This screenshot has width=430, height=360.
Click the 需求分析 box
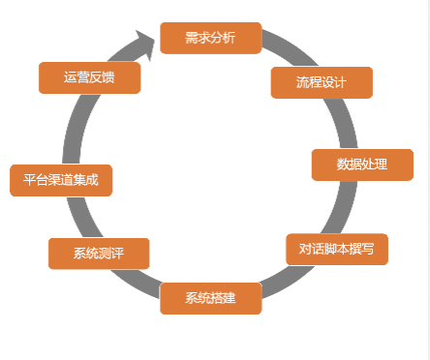click(x=210, y=38)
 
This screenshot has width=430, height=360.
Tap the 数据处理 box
click(x=361, y=165)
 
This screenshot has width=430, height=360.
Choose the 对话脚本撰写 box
click(x=336, y=249)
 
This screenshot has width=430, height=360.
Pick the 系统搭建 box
click(x=210, y=297)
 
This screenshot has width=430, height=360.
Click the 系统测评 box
click(x=98, y=254)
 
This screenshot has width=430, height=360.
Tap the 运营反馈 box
click(x=89, y=77)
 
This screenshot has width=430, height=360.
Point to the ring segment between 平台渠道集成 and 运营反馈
click(x=71, y=131)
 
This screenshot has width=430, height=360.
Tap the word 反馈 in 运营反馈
click(x=102, y=77)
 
